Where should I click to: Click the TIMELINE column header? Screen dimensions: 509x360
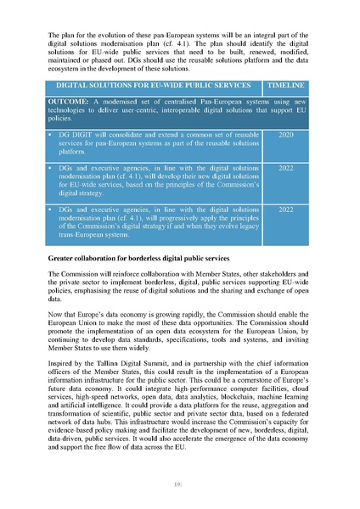tap(285, 87)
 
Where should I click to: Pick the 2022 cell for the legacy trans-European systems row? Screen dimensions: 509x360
tap(285, 209)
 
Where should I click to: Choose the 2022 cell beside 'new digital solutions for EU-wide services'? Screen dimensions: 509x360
tap(285, 168)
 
